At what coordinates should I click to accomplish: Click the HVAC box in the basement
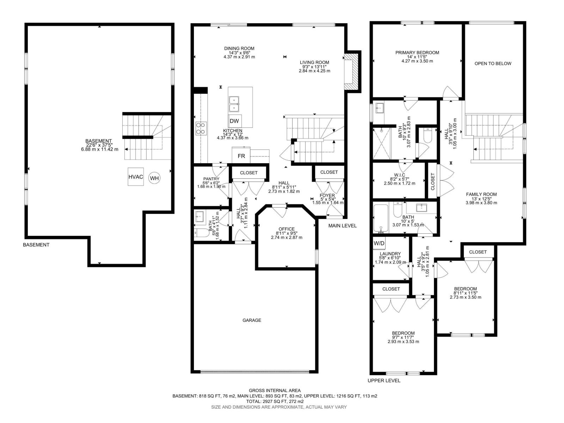[136, 177]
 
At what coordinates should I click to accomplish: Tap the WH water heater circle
[154, 178]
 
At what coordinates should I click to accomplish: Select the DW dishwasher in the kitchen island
[235, 121]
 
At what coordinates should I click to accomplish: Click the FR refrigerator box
[241, 156]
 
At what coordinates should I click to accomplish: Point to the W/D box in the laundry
[379, 243]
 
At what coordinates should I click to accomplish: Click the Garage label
[252, 320]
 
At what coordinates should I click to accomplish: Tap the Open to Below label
[493, 63]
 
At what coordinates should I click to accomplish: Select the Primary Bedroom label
[417, 53]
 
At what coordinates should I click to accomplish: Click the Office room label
[287, 229]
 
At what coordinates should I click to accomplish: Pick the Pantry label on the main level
[211, 179]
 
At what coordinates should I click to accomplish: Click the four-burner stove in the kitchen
[201, 128]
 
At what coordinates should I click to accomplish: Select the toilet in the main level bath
[202, 233]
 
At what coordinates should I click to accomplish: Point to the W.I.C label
[399, 175]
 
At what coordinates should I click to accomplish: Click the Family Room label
[481, 195]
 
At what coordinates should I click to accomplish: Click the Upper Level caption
[384, 381]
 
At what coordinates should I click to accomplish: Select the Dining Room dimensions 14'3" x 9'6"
[239, 53]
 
